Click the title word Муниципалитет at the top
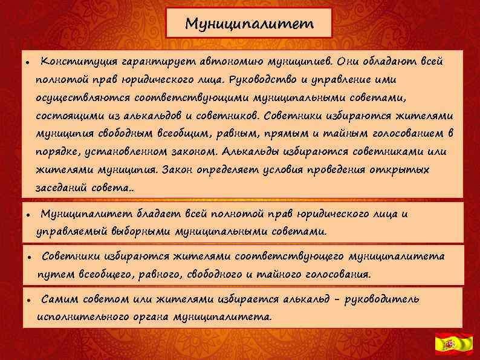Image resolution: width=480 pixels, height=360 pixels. pos(250,24)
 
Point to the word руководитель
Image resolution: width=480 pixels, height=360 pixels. pos(383,299)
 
